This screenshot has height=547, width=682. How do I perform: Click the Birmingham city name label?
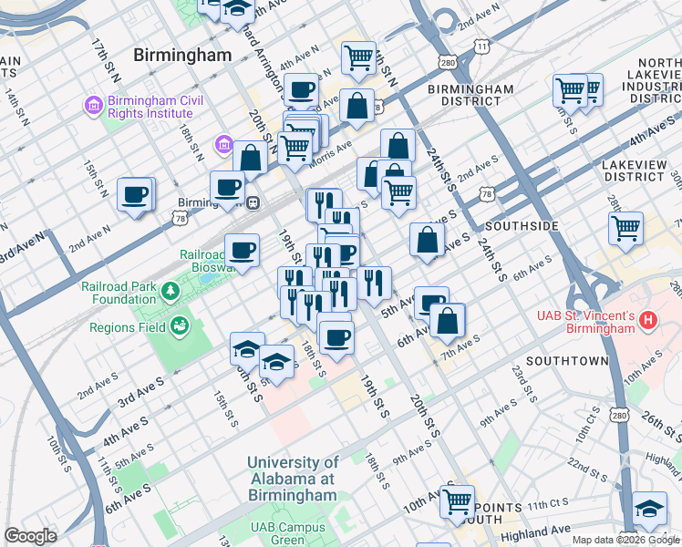pos(182,55)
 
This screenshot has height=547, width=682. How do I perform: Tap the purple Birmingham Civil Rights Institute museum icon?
pos(92,106)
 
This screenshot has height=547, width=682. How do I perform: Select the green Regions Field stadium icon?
pos(181,325)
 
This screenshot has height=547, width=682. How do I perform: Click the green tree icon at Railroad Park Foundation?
pos(170,291)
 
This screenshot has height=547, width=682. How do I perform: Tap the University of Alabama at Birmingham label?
pos(292,479)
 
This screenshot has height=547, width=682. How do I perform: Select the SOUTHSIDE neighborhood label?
pos(522,225)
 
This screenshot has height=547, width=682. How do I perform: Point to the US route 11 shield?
pos(480,45)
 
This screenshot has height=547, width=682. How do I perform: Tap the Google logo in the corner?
pos(30,536)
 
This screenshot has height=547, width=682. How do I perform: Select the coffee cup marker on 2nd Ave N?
pos(135,194)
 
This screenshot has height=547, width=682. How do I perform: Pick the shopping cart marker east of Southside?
pos(625,228)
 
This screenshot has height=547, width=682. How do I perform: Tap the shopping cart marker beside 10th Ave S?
pos(457,500)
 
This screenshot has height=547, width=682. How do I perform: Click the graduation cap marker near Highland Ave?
pos(649,508)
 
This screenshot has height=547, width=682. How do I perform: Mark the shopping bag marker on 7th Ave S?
pos(448,320)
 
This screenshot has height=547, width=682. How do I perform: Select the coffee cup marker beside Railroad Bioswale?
pos(242,250)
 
